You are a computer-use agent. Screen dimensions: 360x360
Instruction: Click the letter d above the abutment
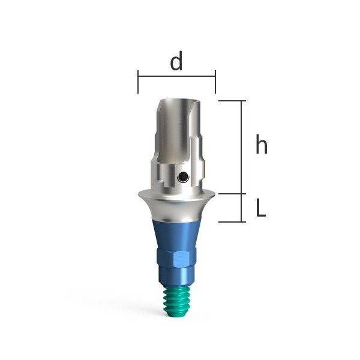[x=176, y=61]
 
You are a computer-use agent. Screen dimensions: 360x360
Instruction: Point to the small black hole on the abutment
[x=184, y=177]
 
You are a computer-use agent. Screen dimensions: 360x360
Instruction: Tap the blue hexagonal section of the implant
[x=176, y=260]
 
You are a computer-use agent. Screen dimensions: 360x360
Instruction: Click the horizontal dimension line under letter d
[x=176, y=76]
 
